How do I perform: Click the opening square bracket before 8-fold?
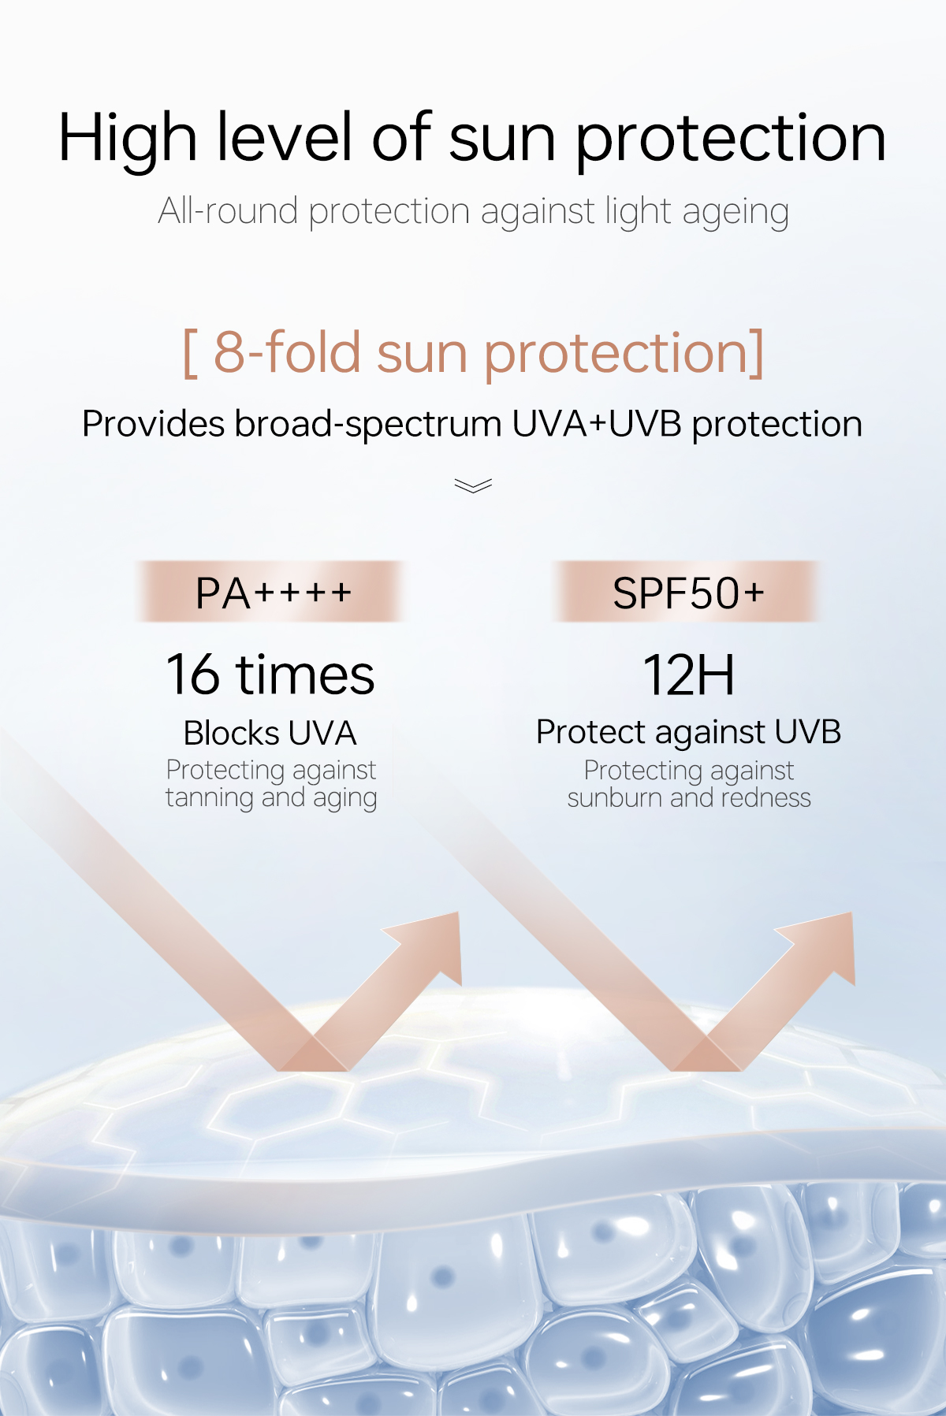(x=190, y=354)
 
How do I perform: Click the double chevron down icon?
(x=473, y=485)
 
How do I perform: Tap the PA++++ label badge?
(x=273, y=593)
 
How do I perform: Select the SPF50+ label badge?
(x=688, y=593)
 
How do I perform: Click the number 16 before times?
(x=192, y=675)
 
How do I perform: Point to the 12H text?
(x=688, y=675)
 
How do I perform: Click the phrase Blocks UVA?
(x=270, y=733)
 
